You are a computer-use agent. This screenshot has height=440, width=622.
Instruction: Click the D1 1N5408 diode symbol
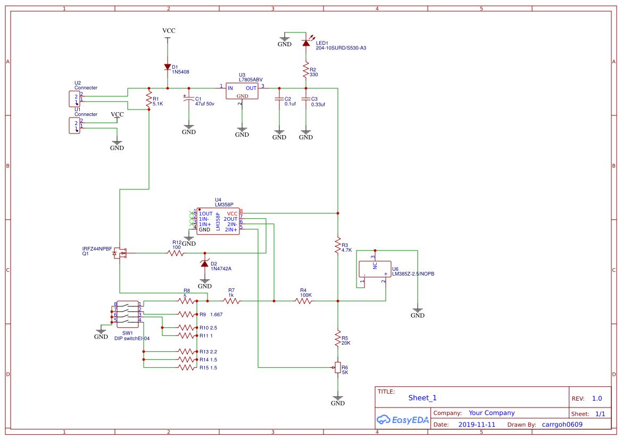168,67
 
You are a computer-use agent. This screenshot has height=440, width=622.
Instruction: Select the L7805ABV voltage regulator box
242,91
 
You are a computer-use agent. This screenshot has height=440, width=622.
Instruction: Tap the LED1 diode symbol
306,43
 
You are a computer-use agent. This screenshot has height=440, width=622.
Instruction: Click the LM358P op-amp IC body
218,221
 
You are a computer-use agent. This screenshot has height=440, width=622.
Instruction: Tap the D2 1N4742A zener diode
205,264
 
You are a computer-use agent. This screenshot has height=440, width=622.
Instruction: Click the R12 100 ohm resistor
176,253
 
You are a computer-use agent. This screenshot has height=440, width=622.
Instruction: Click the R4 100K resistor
303,301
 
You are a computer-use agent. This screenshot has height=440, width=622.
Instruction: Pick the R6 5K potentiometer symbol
337,368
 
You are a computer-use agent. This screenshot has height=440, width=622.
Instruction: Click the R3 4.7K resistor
337,246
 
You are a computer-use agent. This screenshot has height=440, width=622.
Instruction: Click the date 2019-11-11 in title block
477,425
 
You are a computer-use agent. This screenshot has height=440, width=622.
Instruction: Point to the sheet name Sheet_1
422,398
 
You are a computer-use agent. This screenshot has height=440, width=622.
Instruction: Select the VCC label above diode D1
169,31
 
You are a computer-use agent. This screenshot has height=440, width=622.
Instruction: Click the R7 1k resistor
231,301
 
